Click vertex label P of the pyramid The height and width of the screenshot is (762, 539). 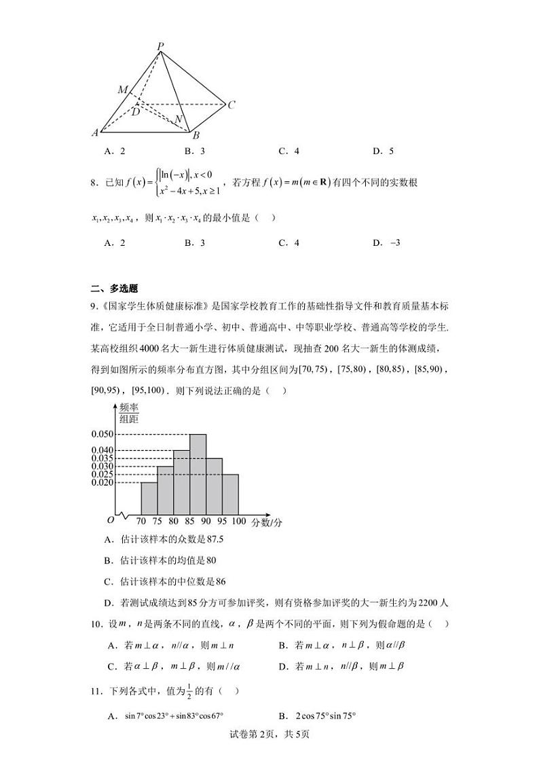(x=161, y=46)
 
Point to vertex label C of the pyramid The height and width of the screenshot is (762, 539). (x=231, y=105)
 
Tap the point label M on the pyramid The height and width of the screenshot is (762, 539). (x=123, y=90)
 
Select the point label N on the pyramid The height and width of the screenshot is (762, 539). (x=179, y=120)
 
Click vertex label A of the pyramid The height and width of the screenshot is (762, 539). (x=96, y=132)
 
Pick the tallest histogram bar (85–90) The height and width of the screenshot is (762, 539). (x=198, y=473)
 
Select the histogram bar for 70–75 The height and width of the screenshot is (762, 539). (x=149, y=498)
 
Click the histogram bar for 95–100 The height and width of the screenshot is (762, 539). (x=230, y=494)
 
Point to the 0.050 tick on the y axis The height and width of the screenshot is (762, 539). (x=102, y=434)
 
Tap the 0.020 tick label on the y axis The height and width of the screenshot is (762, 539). (x=102, y=482)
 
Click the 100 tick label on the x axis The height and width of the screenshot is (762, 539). (x=238, y=522)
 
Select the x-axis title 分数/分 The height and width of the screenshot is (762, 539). (x=267, y=522)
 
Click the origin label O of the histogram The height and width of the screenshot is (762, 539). (x=110, y=520)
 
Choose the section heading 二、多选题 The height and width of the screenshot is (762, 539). (x=113, y=288)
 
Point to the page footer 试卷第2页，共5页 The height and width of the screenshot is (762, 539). (x=269, y=733)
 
